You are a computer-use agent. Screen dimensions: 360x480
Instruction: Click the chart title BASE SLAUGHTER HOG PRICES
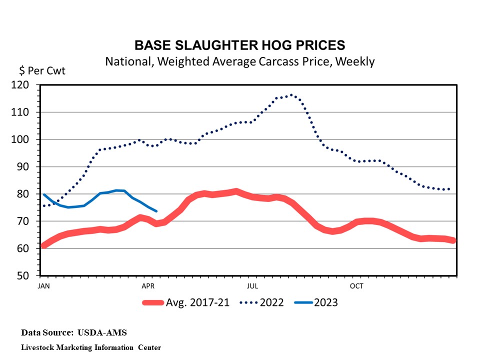(240, 45)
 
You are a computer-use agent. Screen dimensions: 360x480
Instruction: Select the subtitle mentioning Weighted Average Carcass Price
(240, 61)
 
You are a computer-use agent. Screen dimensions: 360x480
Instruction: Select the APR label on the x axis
(147, 286)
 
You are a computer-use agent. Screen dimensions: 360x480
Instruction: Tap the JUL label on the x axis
(252, 286)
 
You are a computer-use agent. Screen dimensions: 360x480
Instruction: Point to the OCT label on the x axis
(356, 286)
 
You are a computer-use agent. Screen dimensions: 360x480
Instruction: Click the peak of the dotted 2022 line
(291, 95)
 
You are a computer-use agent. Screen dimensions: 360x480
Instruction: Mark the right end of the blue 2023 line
(156, 211)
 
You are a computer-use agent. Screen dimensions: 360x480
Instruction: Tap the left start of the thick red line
(42, 245)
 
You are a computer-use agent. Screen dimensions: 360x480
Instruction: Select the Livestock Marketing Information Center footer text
(91, 347)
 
